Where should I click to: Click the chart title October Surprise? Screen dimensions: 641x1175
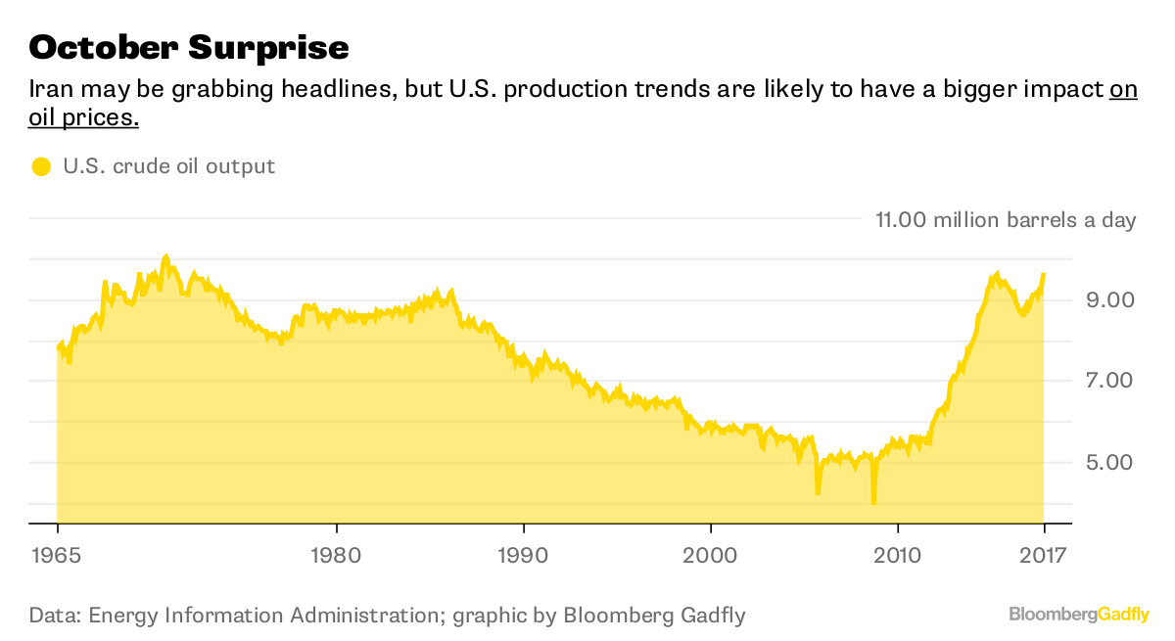[x=188, y=46]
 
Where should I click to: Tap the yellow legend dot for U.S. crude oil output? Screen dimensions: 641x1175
[x=40, y=166]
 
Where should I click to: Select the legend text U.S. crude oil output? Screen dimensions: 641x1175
[x=169, y=166]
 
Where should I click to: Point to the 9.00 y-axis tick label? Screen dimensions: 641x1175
[x=1104, y=299]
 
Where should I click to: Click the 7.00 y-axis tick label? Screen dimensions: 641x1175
[x=1104, y=381]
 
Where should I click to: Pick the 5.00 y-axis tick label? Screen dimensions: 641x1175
[x=1104, y=462]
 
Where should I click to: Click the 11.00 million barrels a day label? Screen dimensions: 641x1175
[x=1005, y=219]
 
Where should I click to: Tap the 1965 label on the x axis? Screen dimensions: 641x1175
[x=57, y=554]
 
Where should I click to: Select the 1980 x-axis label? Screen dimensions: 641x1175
[x=337, y=554]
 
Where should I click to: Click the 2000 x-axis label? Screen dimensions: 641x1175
[x=710, y=554]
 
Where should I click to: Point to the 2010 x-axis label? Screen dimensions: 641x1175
[x=898, y=554]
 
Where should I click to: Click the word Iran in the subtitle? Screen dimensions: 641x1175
[x=49, y=90]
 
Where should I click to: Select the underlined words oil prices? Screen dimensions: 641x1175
[x=83, y=118]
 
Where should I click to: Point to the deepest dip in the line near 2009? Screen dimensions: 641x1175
[x=873, y=501]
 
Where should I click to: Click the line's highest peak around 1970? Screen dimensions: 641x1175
[x=166, y=256]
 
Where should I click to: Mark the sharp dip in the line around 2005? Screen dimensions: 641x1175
[x=818, y=492]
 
